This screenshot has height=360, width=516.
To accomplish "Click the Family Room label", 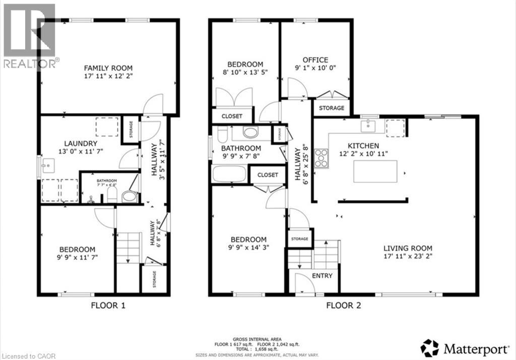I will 108,68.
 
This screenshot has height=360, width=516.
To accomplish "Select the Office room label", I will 315,59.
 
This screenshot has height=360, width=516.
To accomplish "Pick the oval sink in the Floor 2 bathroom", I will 250,133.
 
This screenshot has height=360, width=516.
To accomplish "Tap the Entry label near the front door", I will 322,275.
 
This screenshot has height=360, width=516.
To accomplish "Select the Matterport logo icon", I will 429,347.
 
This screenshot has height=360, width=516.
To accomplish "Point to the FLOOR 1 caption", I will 108,305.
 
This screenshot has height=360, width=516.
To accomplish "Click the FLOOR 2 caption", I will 343,305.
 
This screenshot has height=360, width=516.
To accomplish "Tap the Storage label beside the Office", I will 332,108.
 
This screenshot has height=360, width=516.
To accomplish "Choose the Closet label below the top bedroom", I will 232,116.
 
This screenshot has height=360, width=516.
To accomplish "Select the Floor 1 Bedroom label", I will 77,249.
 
